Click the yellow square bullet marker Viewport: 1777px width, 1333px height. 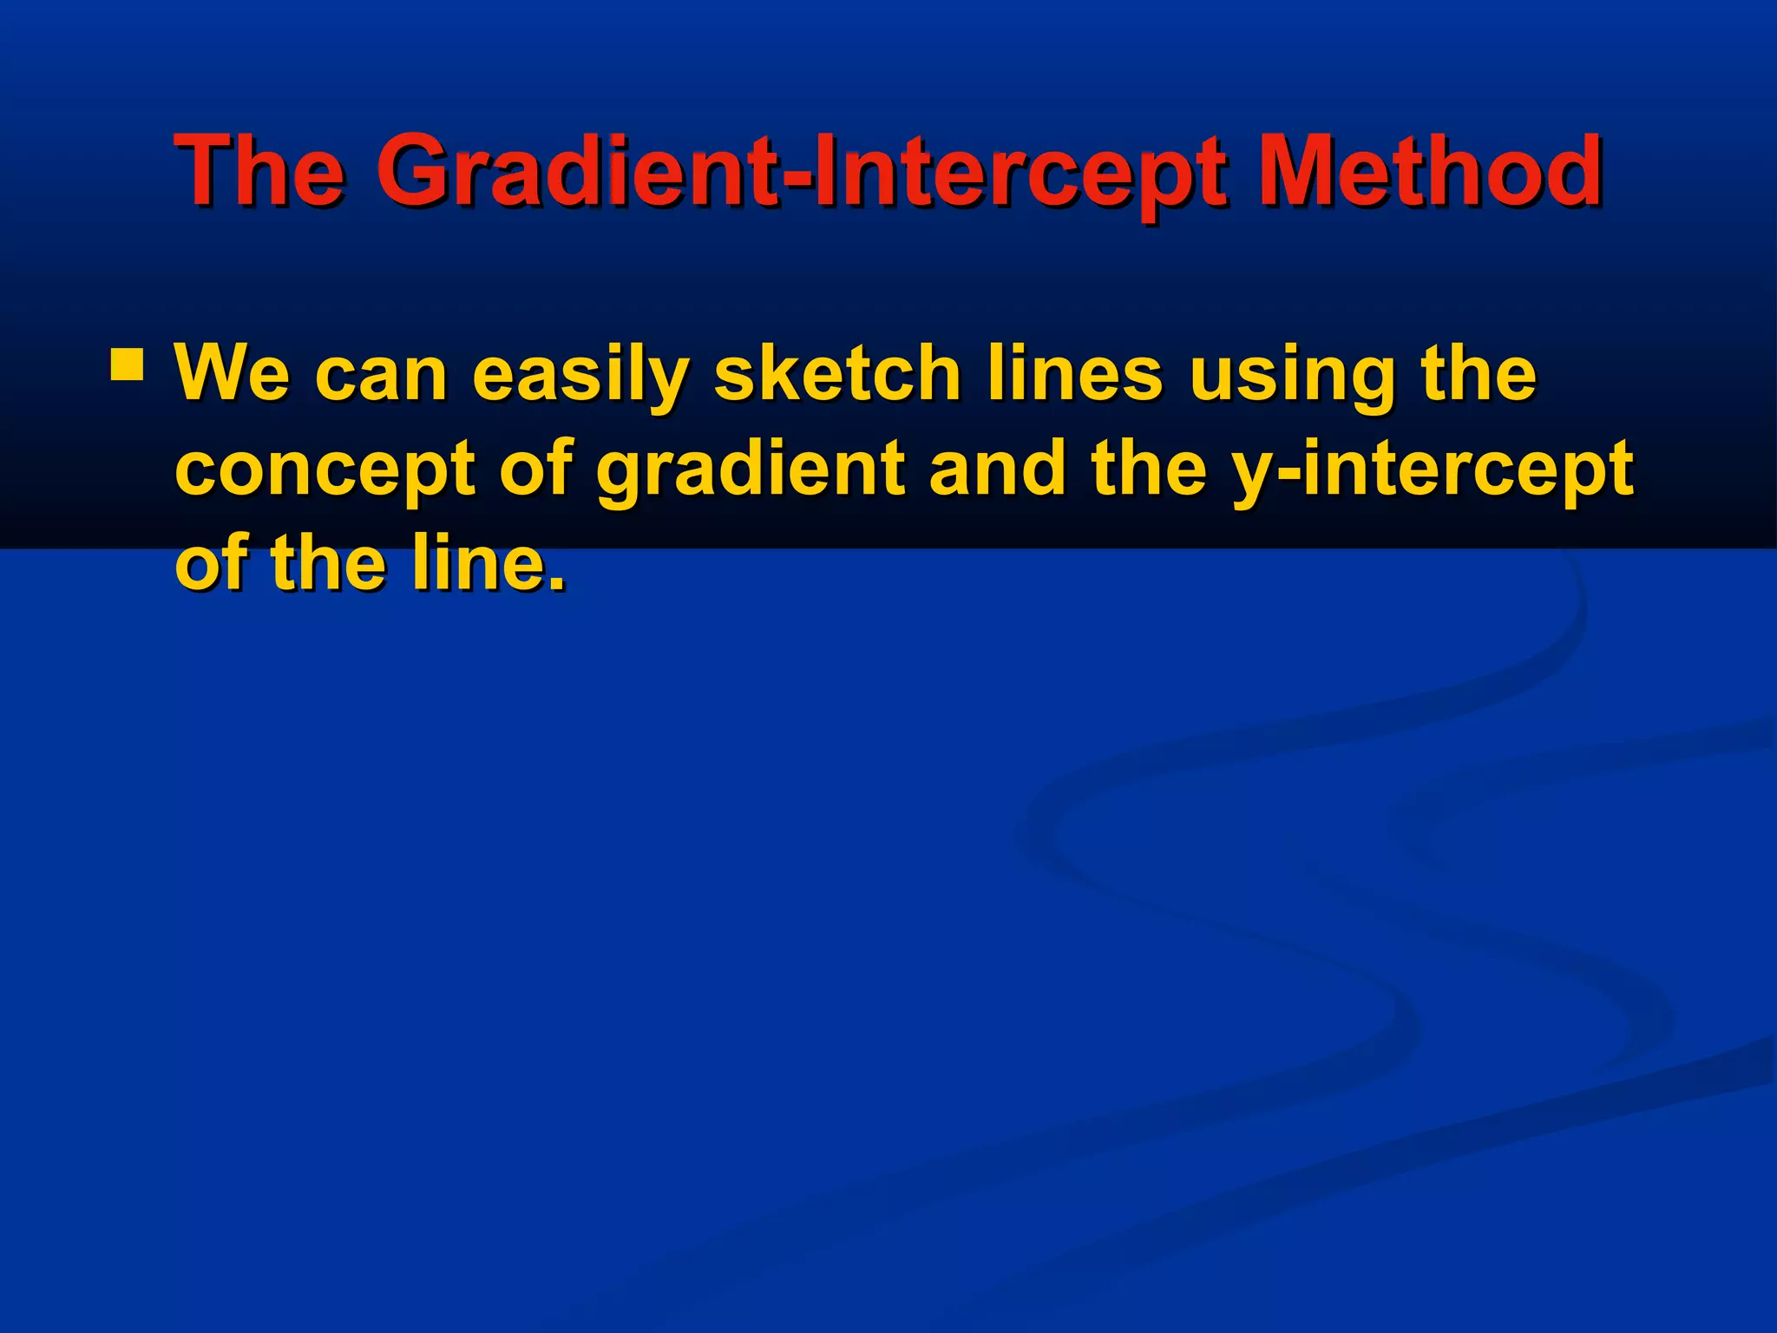click(127, 365)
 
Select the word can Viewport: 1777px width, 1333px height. click(381, 375)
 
